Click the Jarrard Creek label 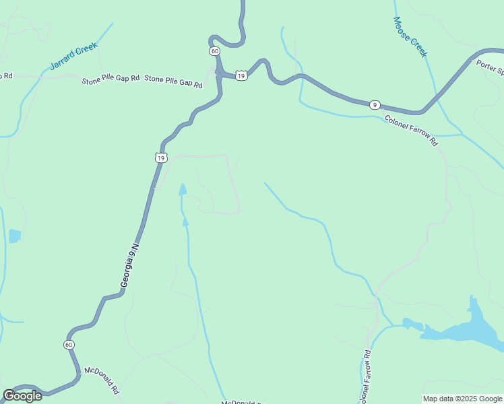pyautogui.click(x=74, y=56)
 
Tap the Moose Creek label pyautogui.click(x=410, y=37)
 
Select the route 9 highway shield pyautogui.click(x=375, y=104)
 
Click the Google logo pyautogui.click(x=22, y=396)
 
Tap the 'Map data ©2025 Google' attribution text pyautogui.click(x=462, y=399)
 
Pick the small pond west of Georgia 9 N pyautogui.click(x=14, y=236)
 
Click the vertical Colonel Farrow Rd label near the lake pyautogui.click(x=365, y=378)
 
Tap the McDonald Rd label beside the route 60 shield pyautogui.click(x=101, y=380)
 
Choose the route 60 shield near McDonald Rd pyautogui.click(x=69, y=344)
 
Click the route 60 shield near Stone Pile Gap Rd pyautogui.click(x=214, y=51)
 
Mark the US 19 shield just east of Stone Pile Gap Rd pyautogui.click(x=241, y=75)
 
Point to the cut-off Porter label pyautogui.click(x=490, y=66)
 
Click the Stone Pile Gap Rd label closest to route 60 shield pyautogui.click(x=174, y=82)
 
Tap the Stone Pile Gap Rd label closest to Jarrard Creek pyautogui.click(x=111, y=79)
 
